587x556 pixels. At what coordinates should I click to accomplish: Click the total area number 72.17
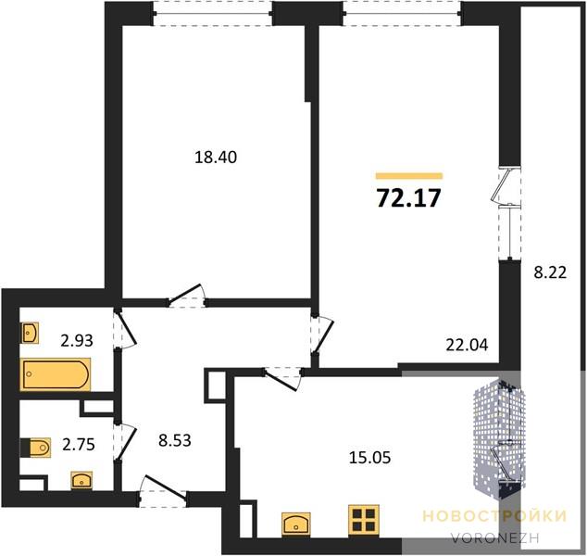coord(408,197)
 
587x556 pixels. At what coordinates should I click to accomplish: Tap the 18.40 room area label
coord(216,158)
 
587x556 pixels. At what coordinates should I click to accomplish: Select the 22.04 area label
coord(467,345)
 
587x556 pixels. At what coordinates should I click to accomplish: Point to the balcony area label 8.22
coord(550,272)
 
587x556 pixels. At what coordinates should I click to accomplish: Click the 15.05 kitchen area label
coord(369,458)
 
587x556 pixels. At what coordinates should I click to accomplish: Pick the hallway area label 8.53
coord(175,440)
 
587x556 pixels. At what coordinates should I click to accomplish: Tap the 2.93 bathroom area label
coord(77,341)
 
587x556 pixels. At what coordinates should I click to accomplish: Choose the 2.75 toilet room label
coord(79,446)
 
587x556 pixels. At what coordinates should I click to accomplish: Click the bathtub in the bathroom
coord(56,374)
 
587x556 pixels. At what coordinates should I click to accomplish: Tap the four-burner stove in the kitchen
coord(364,520)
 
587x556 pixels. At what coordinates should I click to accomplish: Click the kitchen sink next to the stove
coord(295,523)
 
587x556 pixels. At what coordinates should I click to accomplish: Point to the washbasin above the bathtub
coord(30,333)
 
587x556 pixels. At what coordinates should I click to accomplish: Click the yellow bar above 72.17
coord(409,176)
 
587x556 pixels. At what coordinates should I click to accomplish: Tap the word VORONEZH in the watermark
coord(495,538)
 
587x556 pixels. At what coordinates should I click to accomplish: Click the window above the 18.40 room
coord(213,14)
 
